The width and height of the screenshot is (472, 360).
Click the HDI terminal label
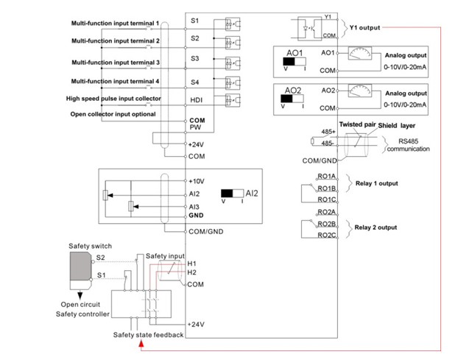(196, 99)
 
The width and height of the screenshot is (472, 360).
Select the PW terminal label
(194, 127)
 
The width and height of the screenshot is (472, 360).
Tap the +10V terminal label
(197, 180)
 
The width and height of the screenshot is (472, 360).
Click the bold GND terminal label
(197, 215)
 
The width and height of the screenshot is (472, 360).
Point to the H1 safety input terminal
(192, 263)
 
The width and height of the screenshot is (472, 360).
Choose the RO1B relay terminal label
(326, 188)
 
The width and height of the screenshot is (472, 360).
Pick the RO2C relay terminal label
(326, 236)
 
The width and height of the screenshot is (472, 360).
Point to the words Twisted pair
(356, 126)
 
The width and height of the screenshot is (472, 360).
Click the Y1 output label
(365, 28)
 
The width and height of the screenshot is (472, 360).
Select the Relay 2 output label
(376, 227)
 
